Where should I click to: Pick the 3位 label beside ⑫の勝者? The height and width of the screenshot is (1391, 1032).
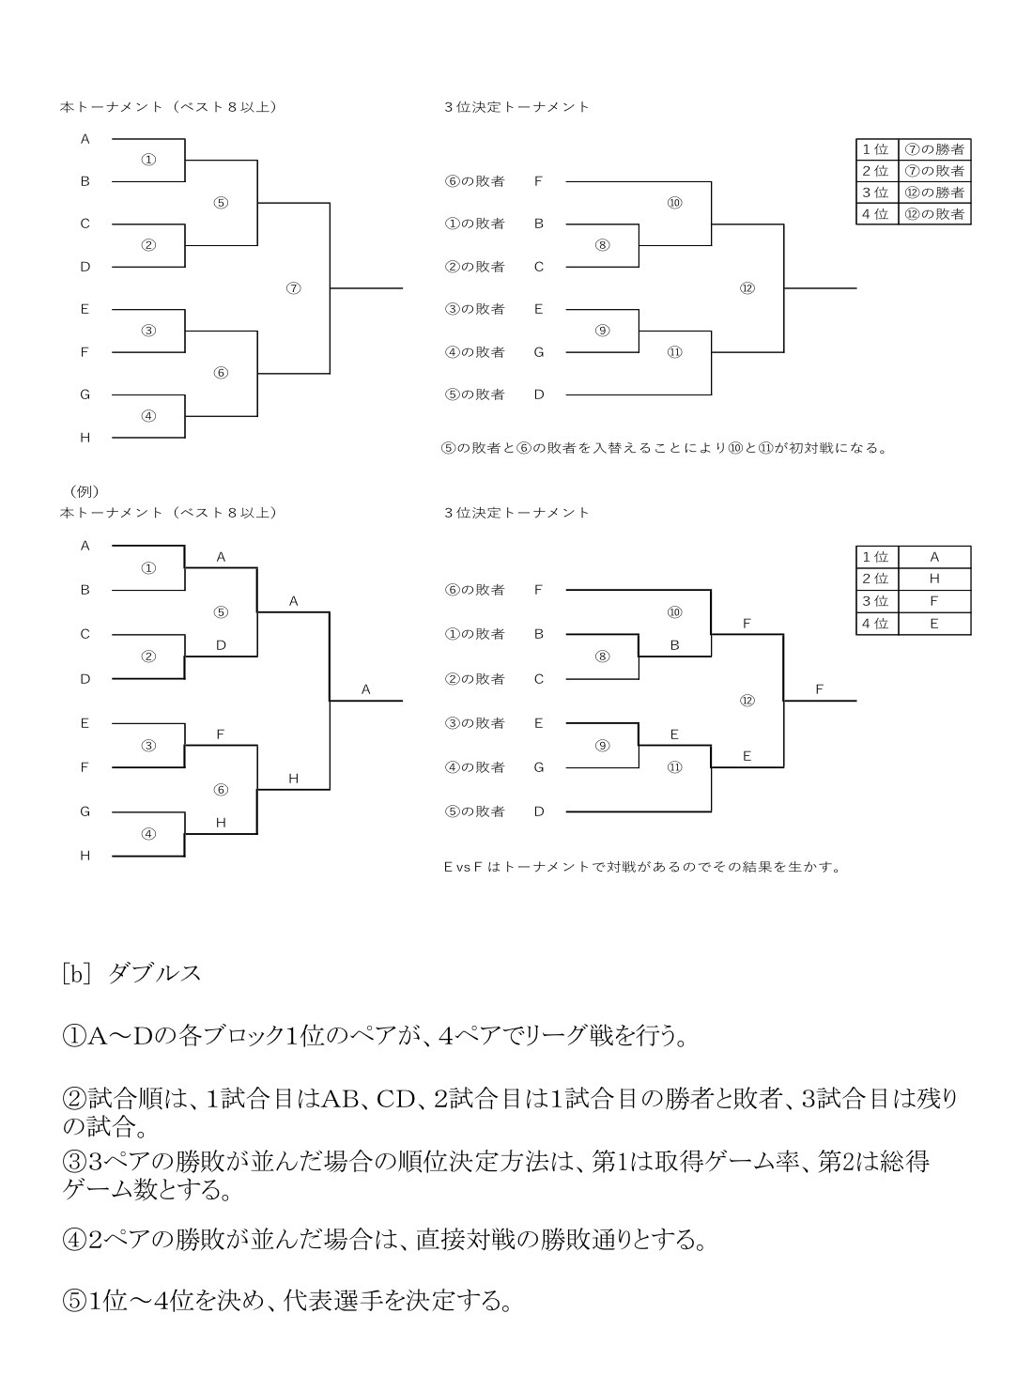point(875,193)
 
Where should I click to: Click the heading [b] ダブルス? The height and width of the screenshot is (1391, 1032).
point(131,973)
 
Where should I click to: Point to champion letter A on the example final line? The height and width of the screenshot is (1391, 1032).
point(366,689)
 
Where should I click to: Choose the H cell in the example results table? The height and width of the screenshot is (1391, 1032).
point(934,579)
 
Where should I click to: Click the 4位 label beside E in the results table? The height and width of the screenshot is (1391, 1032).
point(875,623)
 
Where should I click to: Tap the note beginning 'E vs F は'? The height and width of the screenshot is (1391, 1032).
point(641,866)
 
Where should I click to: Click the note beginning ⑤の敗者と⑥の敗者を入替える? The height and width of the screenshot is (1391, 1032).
point(664,448)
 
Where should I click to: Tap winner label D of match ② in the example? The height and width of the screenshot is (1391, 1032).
point(221,645)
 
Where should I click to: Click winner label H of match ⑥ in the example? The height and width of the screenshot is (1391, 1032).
point(293,778)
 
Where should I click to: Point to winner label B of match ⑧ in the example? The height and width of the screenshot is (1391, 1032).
point(674,645)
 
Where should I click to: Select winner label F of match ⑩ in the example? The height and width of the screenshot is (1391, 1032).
point(747,623)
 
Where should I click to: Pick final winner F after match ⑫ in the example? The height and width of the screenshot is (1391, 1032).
point(819,689)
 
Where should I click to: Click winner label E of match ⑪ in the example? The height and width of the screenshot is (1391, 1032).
point(747,755)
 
